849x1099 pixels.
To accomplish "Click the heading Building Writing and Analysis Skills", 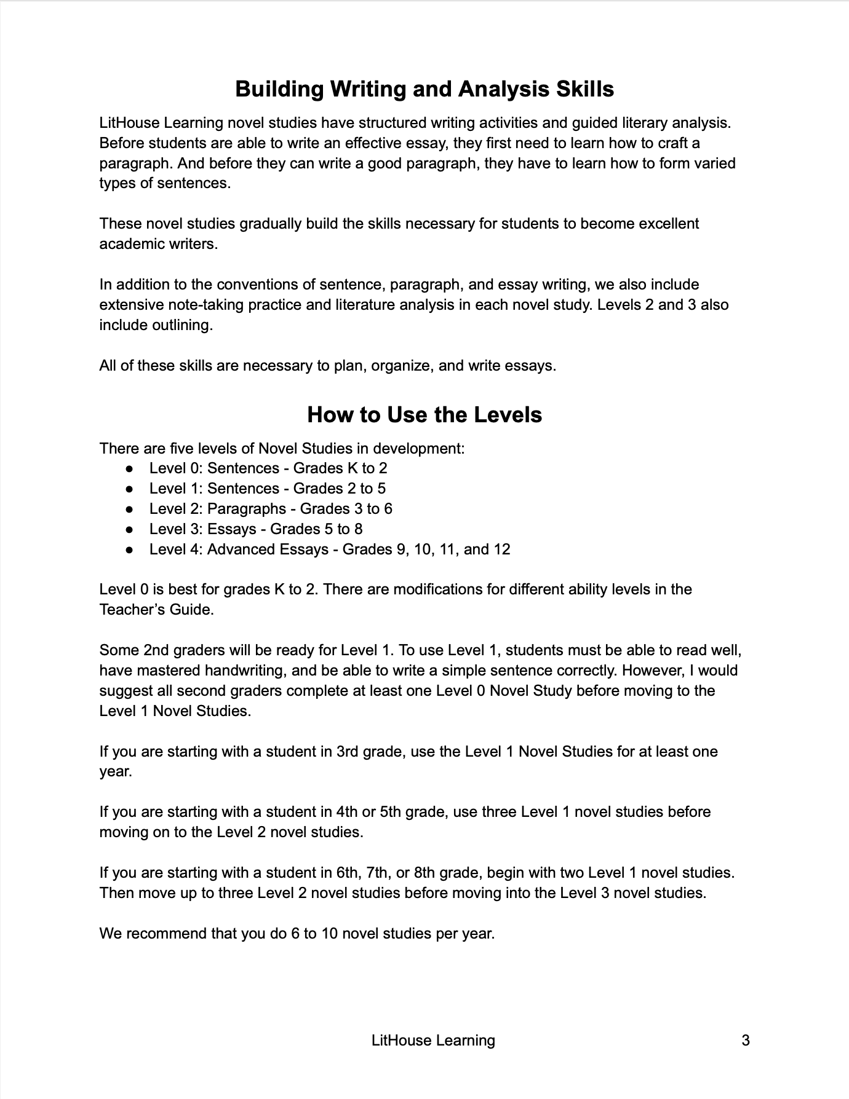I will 424,89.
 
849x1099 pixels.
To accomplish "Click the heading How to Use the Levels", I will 424,415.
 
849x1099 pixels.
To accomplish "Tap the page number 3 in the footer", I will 746,1040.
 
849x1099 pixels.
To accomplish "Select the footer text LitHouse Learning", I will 433,1040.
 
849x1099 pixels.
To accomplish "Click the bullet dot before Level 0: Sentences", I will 129,468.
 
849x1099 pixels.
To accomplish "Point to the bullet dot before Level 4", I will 129,549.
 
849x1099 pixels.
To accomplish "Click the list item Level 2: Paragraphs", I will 271,509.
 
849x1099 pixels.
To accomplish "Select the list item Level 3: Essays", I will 256,529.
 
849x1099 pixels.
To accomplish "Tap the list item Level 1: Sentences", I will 268,489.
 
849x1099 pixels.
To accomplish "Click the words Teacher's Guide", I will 157,610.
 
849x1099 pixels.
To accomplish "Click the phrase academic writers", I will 159,244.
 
